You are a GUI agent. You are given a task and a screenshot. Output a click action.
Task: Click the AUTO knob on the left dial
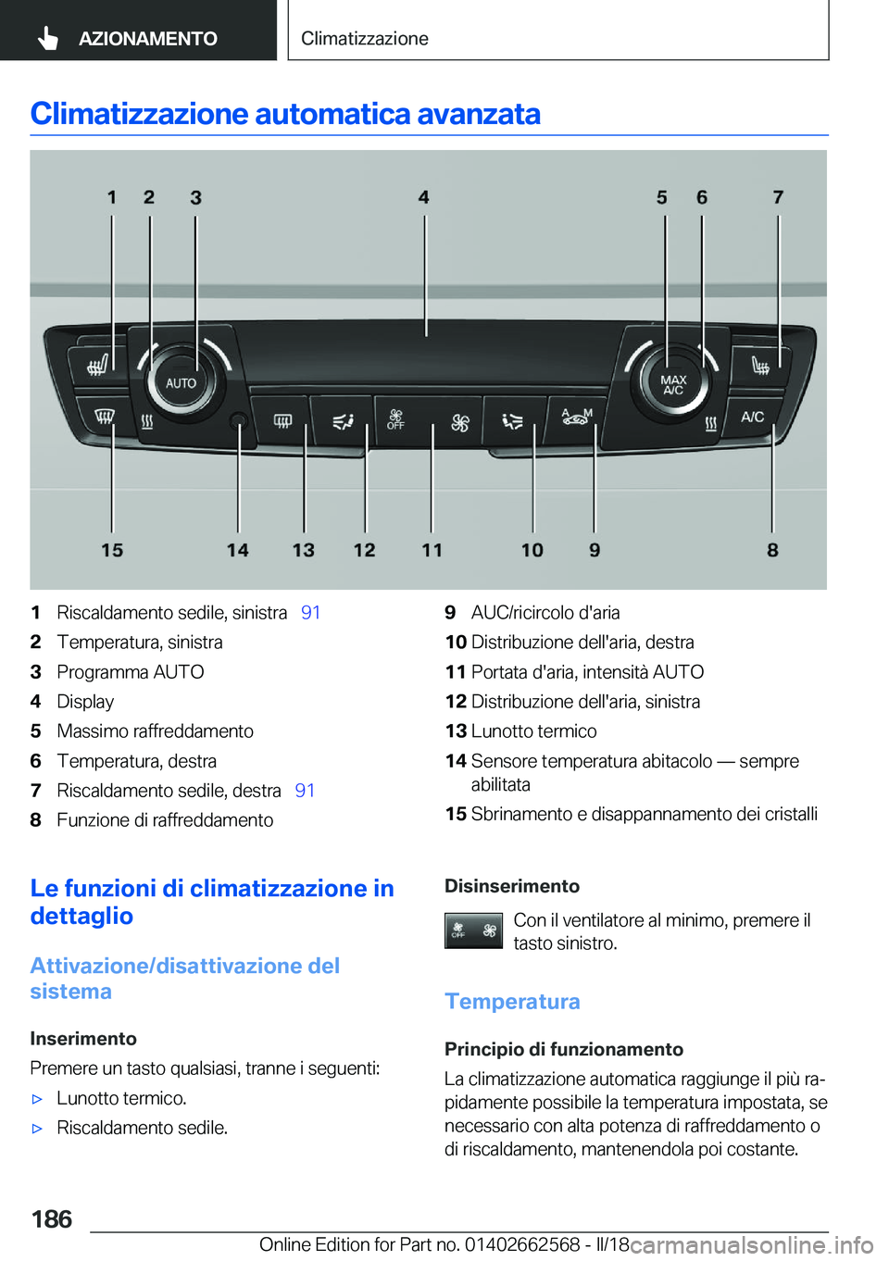point(181,382)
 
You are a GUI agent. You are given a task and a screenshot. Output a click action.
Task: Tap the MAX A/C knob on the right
point(673,384)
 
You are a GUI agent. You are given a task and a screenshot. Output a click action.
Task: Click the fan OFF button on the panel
point(396,420)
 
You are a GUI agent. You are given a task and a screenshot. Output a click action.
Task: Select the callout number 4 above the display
point(423,197)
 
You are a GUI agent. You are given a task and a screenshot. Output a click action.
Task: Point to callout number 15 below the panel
point(112,550)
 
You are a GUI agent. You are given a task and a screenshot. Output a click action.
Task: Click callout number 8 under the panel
point(772,550)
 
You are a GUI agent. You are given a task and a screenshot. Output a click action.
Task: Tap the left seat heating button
point(97,365)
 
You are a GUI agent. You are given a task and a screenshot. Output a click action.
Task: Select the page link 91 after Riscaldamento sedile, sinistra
point(310,613)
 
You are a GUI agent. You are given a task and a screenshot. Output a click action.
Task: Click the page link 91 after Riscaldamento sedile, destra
point(305,791)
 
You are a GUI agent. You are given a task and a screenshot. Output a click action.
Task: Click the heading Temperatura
point(512,1002)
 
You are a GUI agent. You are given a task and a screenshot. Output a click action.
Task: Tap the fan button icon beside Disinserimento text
point(473,930)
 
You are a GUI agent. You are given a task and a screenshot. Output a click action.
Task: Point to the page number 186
point(52,1219)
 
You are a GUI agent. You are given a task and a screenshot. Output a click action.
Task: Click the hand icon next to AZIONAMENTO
point(48,38)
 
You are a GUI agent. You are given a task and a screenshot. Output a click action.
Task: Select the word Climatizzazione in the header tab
point(364,39)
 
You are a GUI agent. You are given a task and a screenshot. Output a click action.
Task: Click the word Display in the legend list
point(85,702)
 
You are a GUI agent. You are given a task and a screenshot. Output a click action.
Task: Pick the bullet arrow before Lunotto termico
point(38,1100)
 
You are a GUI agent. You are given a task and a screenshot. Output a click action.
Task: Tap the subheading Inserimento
point(83,1039)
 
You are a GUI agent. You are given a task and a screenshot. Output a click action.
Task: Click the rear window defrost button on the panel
point(282,421)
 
